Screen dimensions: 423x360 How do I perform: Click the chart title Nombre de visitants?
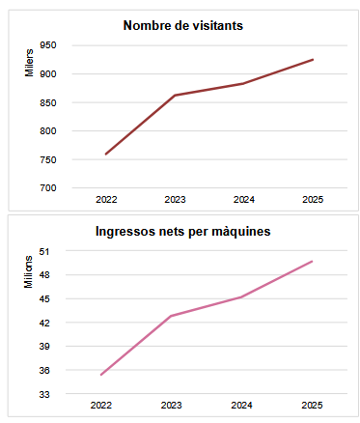(x=182, y=25)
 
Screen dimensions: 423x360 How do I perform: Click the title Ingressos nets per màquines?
(x=182, y=232)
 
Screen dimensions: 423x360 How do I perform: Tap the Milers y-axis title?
(x=29, y=65)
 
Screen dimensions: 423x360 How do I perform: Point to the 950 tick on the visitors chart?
(x=47, y=45)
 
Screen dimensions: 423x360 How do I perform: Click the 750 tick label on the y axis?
(x=47, y=159)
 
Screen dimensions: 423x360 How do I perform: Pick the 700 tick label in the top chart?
(x=47, y=188)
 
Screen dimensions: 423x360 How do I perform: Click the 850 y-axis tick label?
(x=47, y=102)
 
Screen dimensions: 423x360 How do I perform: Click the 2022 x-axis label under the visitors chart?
(x=106, y=200)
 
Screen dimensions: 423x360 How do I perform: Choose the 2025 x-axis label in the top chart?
(x=313, y=200)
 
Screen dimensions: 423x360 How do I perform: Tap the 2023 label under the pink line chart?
(x=171, y=406)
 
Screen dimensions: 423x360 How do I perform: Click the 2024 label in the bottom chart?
(x=241, y=406)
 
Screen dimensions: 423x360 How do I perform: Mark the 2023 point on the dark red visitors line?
(x=174, y=95)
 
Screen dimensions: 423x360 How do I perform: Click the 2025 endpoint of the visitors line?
(x=313, y=60)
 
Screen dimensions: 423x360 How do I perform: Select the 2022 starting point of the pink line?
(x=101, y=375)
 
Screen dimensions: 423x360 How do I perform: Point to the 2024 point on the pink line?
(x=241, y=296)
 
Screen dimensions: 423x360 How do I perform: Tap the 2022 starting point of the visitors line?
(x=106, y=154)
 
